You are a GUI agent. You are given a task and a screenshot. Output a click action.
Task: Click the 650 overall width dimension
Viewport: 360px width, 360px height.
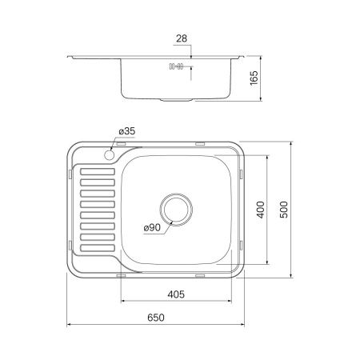[155, 318]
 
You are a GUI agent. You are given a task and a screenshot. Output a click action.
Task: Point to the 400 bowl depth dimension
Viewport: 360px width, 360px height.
[259, 210]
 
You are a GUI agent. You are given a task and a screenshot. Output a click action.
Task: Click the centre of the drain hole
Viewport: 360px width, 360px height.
[177, 210]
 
